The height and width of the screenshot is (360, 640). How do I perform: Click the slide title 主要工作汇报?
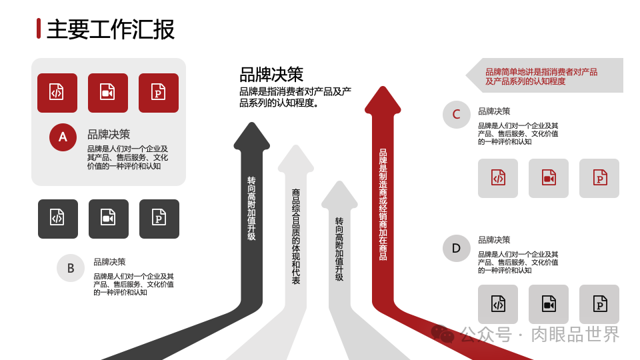coord(111,29)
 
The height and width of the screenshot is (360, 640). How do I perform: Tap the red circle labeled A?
coord(63,137)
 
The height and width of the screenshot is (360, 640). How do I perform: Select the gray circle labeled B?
coord(71,268)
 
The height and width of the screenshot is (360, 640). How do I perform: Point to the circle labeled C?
coord(457,115)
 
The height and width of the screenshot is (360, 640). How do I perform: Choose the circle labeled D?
coord(457,248)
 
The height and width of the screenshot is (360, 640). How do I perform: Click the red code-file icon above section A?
coord(57,93)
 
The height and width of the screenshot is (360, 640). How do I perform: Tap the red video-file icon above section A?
coord(108,93)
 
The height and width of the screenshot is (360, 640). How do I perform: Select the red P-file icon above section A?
coord(159,93)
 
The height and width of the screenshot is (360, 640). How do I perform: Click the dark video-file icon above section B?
coord(109,219)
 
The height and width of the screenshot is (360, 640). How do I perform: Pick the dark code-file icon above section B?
coord(58,219)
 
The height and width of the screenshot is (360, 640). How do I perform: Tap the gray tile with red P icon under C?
coord(599,178)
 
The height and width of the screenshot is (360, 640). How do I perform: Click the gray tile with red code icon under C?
coord(498,178)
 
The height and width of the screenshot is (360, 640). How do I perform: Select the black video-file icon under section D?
coord(549,305)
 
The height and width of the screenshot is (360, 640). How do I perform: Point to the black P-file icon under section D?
coord(599,305)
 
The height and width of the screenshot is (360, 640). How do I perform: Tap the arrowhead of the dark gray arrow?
coord(252,137)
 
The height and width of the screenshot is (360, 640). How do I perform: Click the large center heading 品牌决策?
coord(271,74)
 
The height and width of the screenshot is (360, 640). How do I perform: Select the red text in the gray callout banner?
coord(541,77)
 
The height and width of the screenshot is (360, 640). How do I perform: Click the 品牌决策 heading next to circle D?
coord(494,240)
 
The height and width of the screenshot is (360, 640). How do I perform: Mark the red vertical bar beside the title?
coord(39,29)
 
